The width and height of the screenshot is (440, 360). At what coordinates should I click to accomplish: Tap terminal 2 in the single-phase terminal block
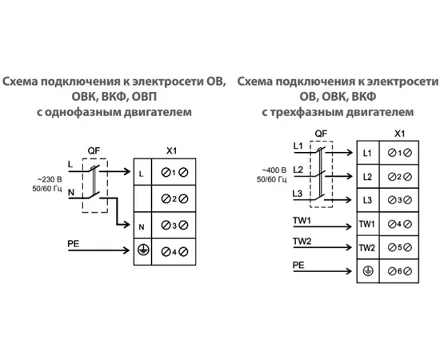point(170,198)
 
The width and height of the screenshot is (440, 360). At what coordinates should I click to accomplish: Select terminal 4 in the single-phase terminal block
point(170,253)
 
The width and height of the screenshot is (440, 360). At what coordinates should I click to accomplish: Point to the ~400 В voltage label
point(272,170)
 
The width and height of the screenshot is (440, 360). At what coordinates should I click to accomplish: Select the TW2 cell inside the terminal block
point(367,248)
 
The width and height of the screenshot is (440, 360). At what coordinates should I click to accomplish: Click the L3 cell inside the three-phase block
point(367,200)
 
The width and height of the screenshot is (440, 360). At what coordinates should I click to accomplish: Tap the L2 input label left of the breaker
point(298,170)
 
